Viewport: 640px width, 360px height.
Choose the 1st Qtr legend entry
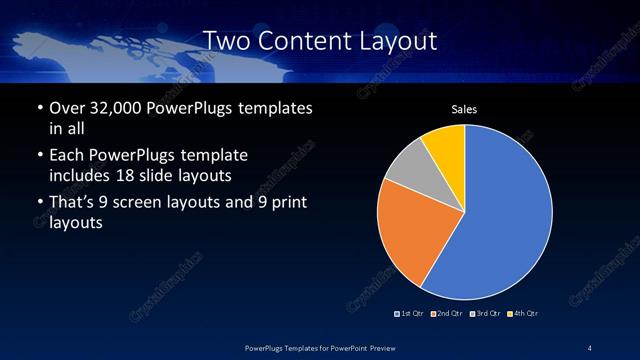click(x=410, y=314)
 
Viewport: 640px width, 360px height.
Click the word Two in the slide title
click(x=225, y=41)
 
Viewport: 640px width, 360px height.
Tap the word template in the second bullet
click(x=212, y=155)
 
